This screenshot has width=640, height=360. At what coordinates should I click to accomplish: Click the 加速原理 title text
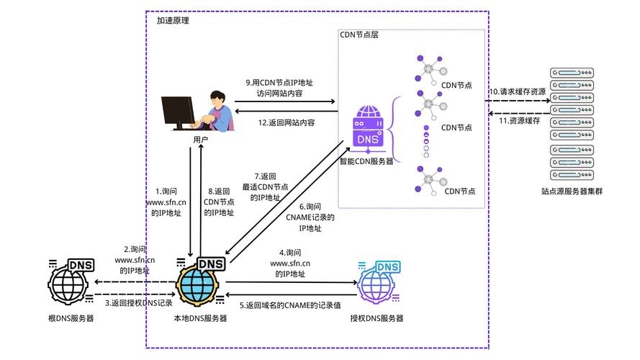(x=173, y=21)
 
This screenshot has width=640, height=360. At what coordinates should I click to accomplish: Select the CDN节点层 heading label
(x=359, y=35)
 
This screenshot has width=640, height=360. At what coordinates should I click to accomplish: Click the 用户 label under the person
(x=201, y=139)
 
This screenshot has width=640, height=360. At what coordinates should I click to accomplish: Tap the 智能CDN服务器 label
(x=366, y=161)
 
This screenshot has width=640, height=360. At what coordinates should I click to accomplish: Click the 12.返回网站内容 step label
(x=287, y=122)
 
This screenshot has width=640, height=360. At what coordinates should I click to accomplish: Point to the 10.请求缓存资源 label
(x=517, y=92)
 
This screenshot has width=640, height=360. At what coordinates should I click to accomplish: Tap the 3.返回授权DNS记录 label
(x=139, y=303)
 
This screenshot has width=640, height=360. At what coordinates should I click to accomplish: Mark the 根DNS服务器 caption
(x=71, y=318)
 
